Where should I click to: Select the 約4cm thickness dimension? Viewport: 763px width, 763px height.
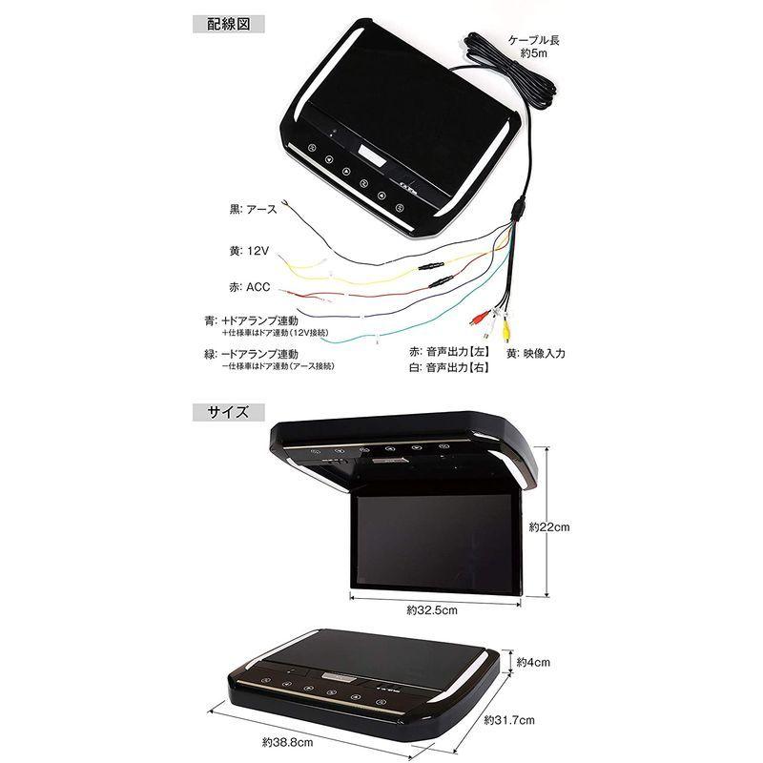coord(536,660)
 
